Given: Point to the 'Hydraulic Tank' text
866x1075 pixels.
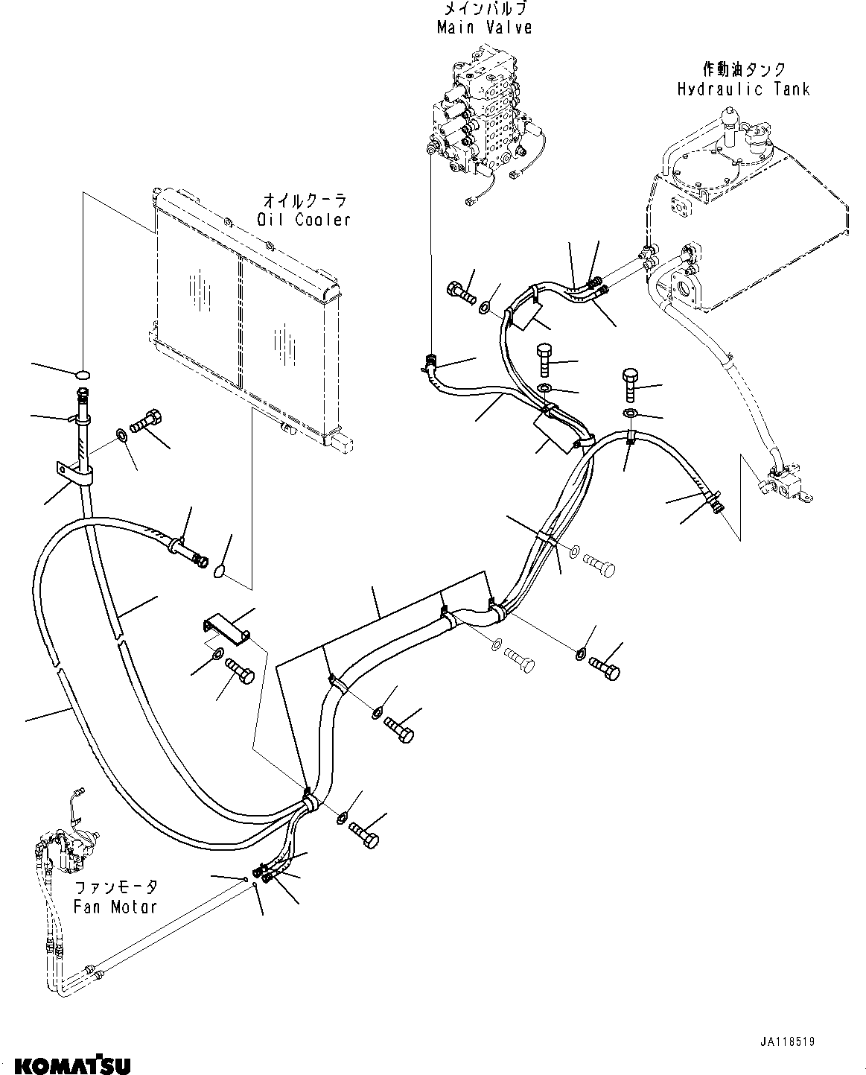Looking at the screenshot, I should (x=743, y=89).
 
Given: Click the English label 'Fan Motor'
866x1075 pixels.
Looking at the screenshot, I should (x=115, y=907).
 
